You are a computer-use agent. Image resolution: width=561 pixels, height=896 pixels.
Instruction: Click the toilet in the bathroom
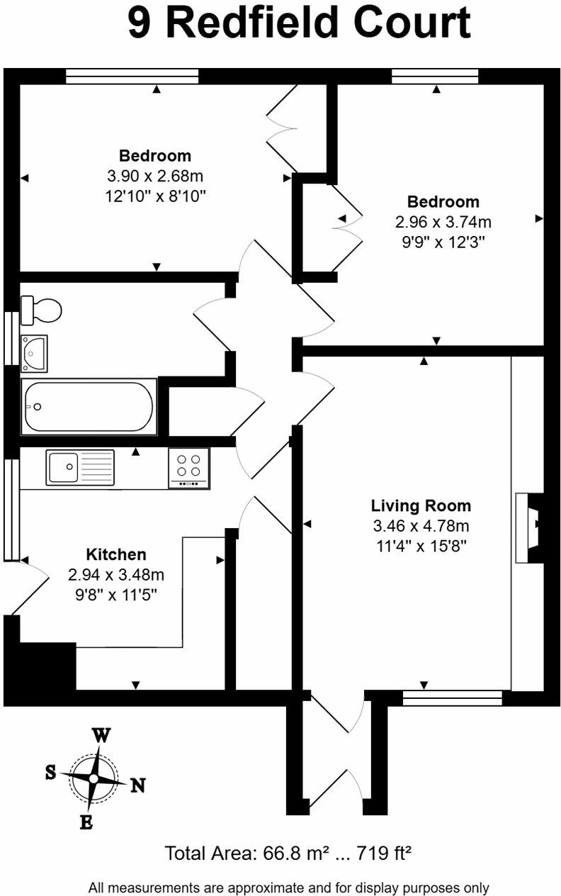(42, 310)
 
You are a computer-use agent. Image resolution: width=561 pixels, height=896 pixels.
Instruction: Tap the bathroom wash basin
(33, 352)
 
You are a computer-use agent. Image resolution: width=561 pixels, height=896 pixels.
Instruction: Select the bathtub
(89, 407)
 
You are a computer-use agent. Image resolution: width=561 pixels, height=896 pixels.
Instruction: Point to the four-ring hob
(188, 467)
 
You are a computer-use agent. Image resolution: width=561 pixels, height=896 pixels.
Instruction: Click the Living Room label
(421, 506)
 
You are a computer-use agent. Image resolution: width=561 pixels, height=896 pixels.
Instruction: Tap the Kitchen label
(116, 554)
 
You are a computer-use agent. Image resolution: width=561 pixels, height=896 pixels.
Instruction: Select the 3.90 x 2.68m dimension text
(155, 176)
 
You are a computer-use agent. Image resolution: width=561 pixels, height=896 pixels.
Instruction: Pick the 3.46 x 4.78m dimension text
(421, 526)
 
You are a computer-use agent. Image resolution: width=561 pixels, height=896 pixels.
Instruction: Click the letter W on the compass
(101, 736)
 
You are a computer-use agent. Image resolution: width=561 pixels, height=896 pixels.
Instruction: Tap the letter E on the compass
(86, 822)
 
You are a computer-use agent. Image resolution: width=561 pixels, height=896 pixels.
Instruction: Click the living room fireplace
(530, 527)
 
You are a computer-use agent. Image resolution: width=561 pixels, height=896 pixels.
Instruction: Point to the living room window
(452, 698)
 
